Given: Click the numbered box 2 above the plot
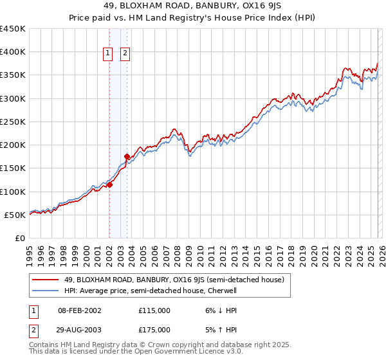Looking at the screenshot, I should click(125, 54).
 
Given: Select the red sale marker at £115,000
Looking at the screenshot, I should click(110, 184).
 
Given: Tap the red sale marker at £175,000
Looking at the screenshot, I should click(127, 156).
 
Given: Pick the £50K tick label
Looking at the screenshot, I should click(15, 215).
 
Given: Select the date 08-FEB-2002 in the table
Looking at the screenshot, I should click(80, 310).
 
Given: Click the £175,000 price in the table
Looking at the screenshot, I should click(154, 329).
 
